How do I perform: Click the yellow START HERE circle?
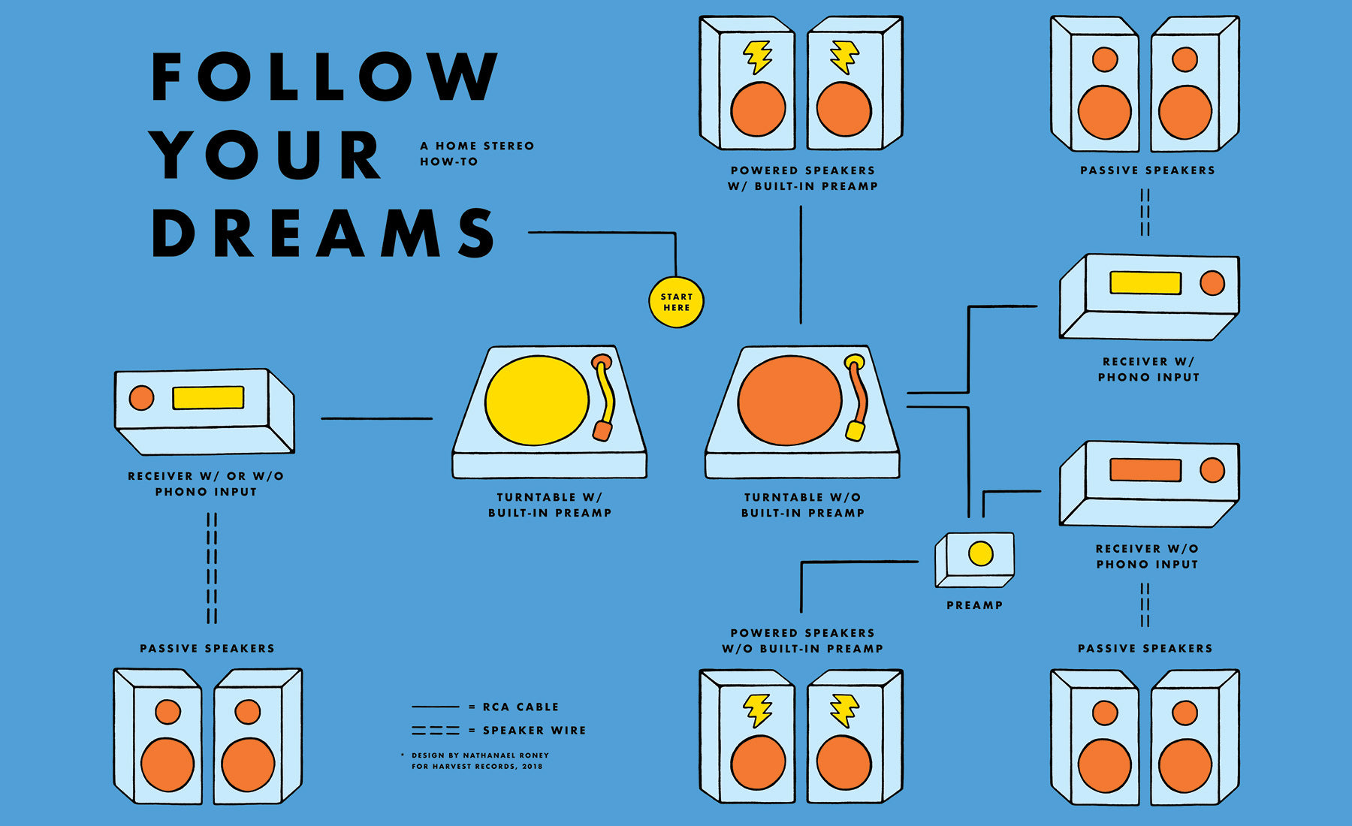pyautogui.click(x=676, y=302)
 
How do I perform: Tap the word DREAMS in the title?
pyautogui.click(x=323, y=233)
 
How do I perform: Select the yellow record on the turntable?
pyautogui.click(x=536, y=400)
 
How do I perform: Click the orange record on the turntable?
pyautogui.click(x=789, y=400)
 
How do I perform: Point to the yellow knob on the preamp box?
pyautogui.click(x=980, y=553)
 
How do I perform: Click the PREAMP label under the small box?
pyautogui.click(x=974, y=605)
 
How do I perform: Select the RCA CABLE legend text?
pyautogui.click(x=521, y=707)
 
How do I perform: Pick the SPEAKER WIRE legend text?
pyautogui.click(x=534, y=730)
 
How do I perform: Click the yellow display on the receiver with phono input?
pyautogui.click(x=1145, y=282)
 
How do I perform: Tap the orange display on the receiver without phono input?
pyautogui.click(x=1145, y=470)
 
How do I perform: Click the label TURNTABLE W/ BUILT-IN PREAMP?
pyautogui.click(x=550, y=505)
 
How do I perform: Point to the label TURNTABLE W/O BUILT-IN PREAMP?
pyautogui.click(x=803, y=505)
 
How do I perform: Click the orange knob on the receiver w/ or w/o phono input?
pyautogui.click(x=141, y=398)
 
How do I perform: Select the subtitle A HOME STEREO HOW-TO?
pyautogui.click(x=476, y=153)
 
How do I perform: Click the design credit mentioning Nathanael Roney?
pyautogui.click(x=479, y=761)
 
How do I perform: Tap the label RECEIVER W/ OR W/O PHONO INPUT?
pyautogui.click(x=206, y=484)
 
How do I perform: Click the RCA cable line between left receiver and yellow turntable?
pyautogui.click(x=376, y=418)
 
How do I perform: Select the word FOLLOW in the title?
pyautogui.click(x=323, y=77)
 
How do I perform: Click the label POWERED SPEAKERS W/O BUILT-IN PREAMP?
pyautogui.click(x=802, y=641)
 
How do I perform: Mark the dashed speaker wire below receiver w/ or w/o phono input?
pyautogui.click(x=212, y=568)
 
